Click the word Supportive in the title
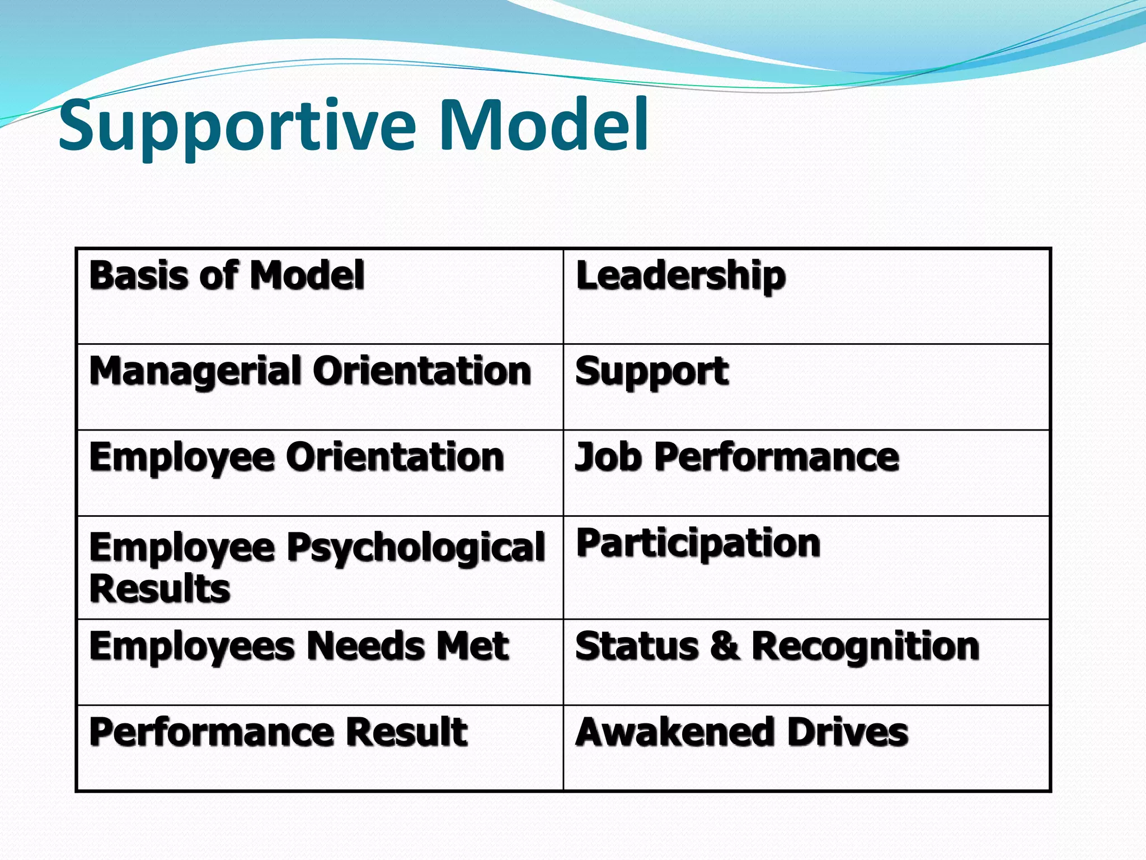pos(237,126)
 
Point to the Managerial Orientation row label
pos(310,372)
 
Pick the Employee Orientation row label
pos(297,457)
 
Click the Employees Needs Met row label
pos(299,646)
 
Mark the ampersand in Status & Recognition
pos(725,646)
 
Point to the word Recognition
pos(865,646)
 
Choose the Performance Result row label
pos(278,732)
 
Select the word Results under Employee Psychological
pos(160,589)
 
